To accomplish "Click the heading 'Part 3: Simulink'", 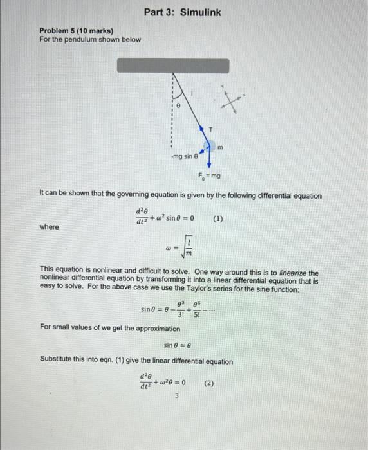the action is coord(183,12).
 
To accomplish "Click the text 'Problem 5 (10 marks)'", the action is coord(76,30).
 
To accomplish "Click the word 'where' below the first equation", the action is coord(49,227).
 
